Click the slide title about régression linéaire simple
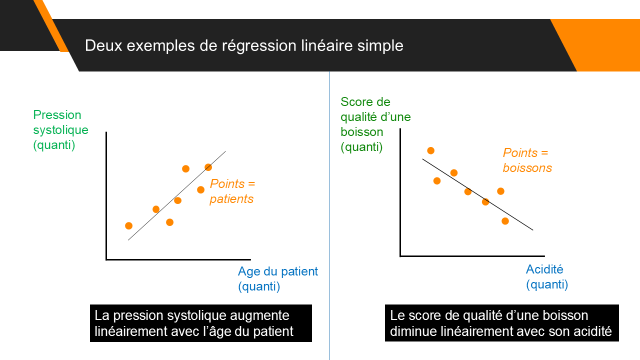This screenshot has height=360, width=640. pyautogui.click(x=244, y=45)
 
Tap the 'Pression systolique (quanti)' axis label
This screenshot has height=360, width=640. pyautogui.click(x=60, y=130)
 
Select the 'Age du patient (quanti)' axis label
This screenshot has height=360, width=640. pyautogui.click(x=277, y=278)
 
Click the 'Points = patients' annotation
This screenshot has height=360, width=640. pyautogui.click(x=232, y=191)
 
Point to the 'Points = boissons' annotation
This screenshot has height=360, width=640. pyautogui.click(x=527, y=160)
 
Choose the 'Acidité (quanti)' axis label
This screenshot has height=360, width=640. pyautogui.click(x=547, y=277)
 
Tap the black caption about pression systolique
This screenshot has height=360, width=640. pyautogui.click(x=201, y=323)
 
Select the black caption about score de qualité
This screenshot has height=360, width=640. pyautogui.click(x=501, y=323)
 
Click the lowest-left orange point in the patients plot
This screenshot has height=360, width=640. pyautogui.click(x=129, y=226)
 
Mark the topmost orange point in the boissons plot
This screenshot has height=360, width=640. pyautogui.click(x=431, y=150)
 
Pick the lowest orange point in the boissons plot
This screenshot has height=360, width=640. pyautogui.click(x=505, y=221)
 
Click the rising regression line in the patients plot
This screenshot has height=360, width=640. pyautogui.click(x=177, y=195)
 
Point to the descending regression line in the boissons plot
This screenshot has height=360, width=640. pyautogui.click(x=477, y=194)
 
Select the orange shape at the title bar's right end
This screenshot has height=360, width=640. pyautogui.click(x=600, y=45)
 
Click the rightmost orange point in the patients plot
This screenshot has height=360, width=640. pyautogui.click(x=208, y=167)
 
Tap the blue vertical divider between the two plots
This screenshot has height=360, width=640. pyautogui.click(x=329, y=215)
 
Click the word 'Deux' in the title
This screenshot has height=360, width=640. pyautogui.click(x=103, y=45)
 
